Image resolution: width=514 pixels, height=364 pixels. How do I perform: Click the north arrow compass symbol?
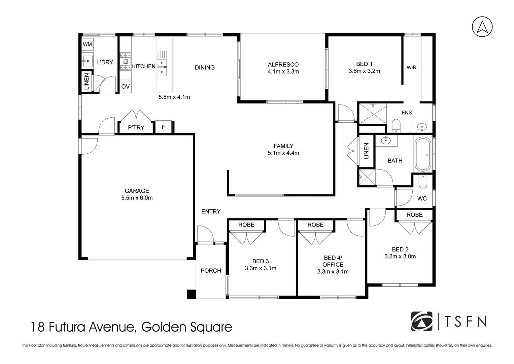[482, 27]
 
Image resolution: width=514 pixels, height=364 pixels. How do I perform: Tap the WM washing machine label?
[88, 44]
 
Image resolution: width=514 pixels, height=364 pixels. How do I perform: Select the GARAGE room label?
[137, 191]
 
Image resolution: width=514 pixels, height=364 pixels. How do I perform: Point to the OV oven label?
[126, 87]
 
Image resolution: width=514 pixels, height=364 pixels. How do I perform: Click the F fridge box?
[164, 127]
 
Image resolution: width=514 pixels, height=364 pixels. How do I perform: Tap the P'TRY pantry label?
[136, 127]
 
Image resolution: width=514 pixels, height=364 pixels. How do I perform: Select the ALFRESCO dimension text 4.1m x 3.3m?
[283, 71]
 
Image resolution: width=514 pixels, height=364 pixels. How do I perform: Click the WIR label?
[411, 67]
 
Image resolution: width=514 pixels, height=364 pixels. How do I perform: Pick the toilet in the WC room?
[422, 182]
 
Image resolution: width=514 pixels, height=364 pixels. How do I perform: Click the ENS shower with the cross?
[373, 114]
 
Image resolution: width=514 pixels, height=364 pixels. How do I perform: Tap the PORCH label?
[211, 271]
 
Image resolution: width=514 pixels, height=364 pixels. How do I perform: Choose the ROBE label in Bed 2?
[414, 215]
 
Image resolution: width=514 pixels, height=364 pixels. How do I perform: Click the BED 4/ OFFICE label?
[333, 261]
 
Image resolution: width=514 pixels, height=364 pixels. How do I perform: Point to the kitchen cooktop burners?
[126, 61]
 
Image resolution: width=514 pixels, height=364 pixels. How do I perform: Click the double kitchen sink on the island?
[162, 67]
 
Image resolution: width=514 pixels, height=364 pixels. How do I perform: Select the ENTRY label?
[211, 211]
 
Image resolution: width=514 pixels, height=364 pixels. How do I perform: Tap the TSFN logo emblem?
[422, 322]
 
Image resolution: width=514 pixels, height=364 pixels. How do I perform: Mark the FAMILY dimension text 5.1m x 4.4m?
[283, 153]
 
